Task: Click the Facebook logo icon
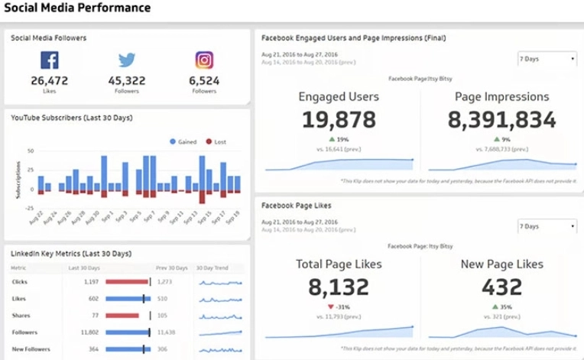50,60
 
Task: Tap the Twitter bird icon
127,60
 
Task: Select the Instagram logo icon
204,60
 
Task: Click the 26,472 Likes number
50,80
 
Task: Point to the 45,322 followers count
127,80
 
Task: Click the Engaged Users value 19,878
338,119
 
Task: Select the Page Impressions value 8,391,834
501,119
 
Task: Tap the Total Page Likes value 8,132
338,287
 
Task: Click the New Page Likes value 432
501,287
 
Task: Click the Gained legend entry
186,141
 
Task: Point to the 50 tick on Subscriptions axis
31,151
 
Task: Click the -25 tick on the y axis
30,208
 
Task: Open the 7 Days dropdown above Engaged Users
547,59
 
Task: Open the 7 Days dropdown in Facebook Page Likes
547,226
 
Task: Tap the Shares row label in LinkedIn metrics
21,316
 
